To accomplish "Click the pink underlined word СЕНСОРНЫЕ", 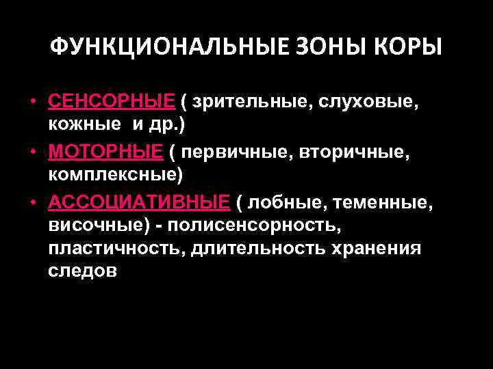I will coord(112,101).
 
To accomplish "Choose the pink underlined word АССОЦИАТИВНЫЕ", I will coord(139,201).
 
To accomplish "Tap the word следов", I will coord(83,271).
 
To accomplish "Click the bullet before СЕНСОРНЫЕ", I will coord(32,101).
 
